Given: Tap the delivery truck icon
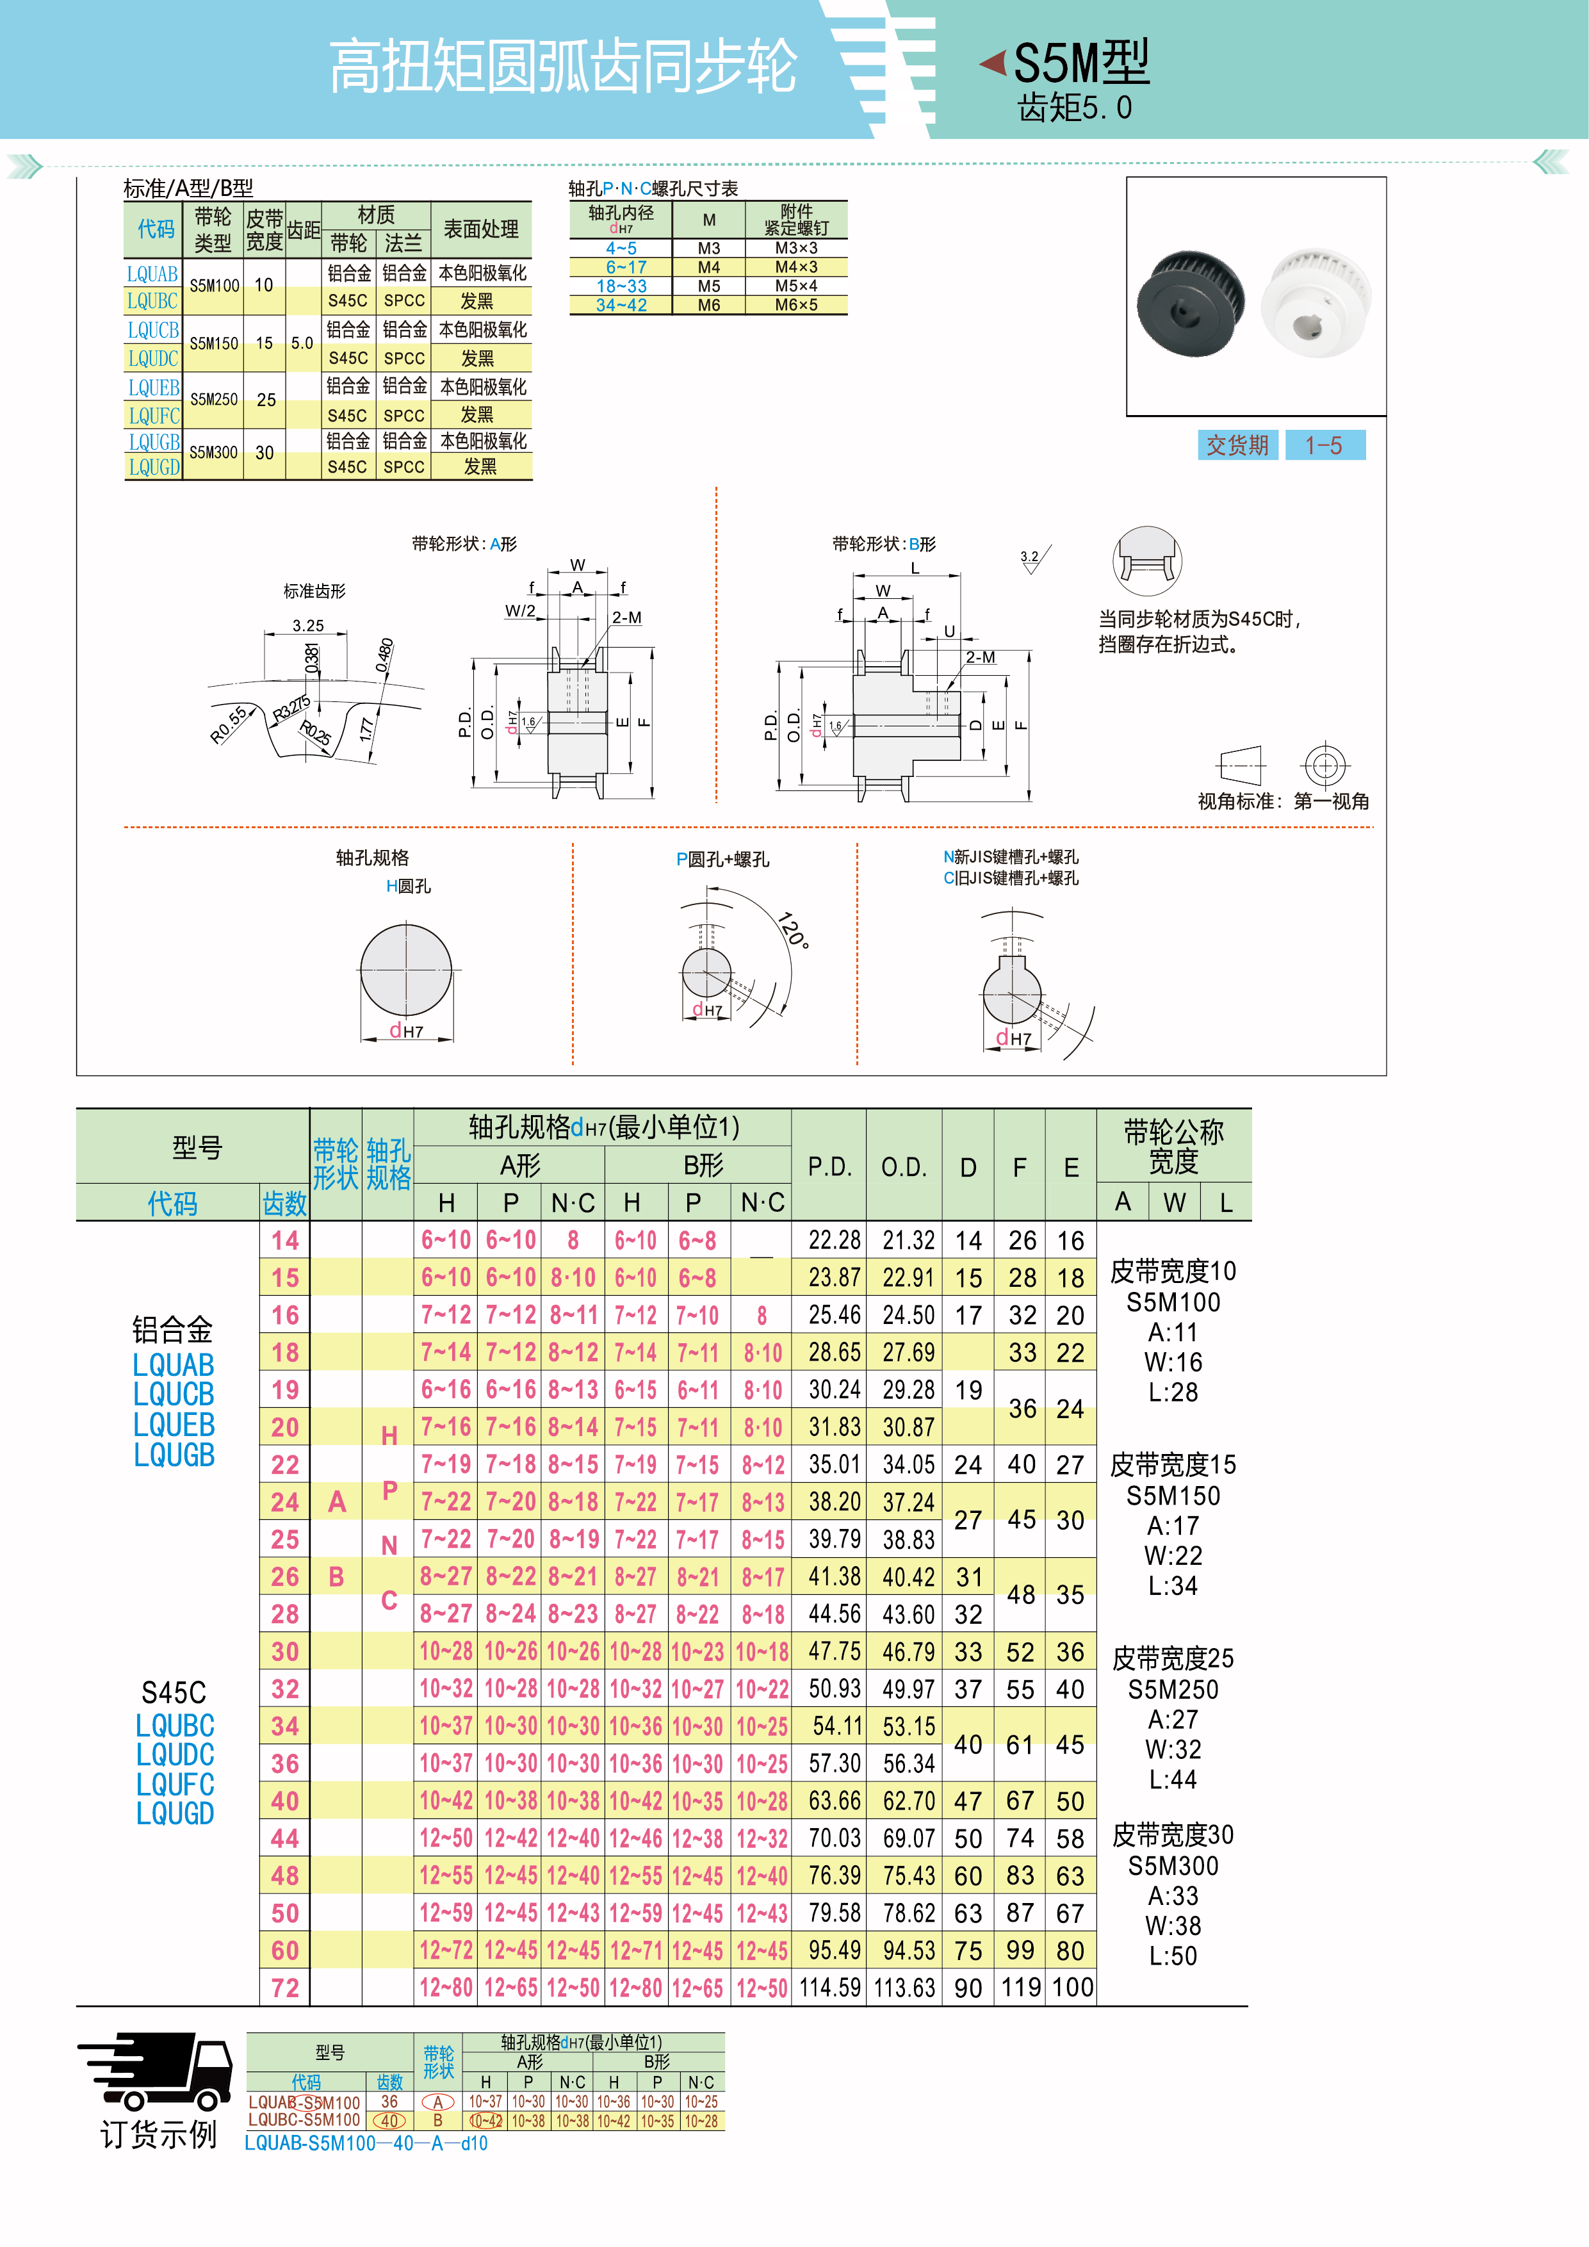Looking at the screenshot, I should click(x=156, y=2072).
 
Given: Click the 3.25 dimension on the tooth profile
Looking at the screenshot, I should click(x=307, y=625).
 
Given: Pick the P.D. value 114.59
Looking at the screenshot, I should click(x=829, y=1988).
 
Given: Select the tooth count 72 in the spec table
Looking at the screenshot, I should click(x=285, y=1988).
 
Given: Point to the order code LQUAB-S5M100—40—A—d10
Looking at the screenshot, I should click(x=366, y=2143).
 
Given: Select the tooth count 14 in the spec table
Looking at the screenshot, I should click(x=285, y=1241).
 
